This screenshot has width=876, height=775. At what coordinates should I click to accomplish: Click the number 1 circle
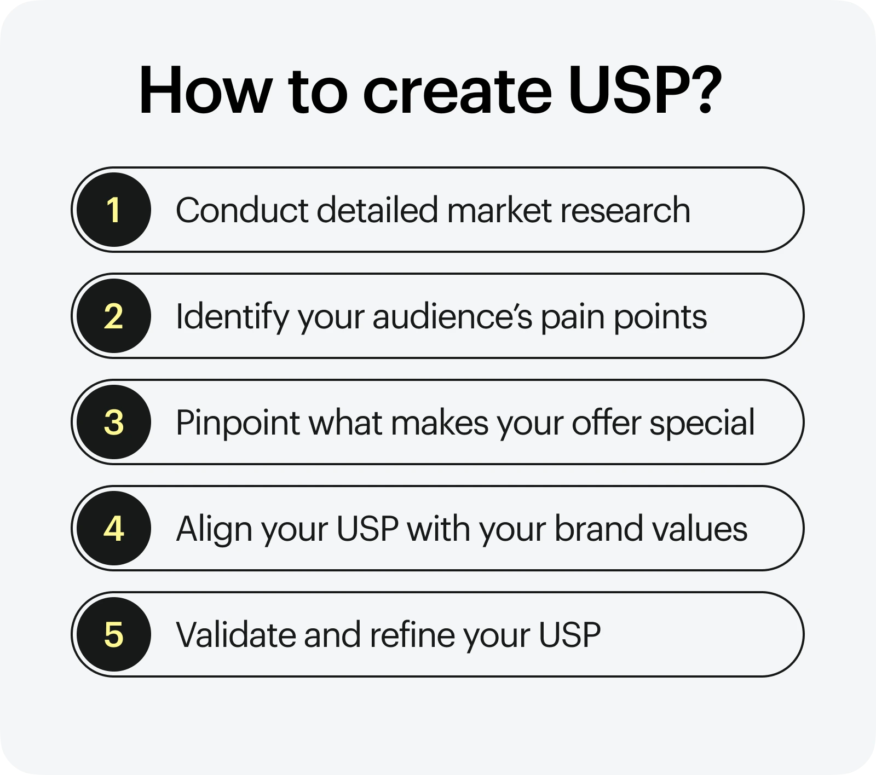pyautogui.click(x=113, y=210)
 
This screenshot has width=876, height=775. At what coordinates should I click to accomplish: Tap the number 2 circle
pyautogui.click(x=113, y=316)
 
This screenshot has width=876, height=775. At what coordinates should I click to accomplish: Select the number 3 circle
pyautogui.click(x=113, y=422)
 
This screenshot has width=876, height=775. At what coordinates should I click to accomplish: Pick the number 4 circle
pyautogui.click(x=113, y=528)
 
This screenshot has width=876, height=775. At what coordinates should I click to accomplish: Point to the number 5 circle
pyautogui.click(x=113, y=634)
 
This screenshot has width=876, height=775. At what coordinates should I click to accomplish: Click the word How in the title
pyautogui.click(x=206, y=90)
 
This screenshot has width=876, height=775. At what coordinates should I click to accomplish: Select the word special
pyautogui.click(x=702, y=424)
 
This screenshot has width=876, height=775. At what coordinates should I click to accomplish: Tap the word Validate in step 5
pyautogui.click(x=236, y=635)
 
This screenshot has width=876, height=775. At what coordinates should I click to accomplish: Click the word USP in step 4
pyautogui.click(x=367, y=529)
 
